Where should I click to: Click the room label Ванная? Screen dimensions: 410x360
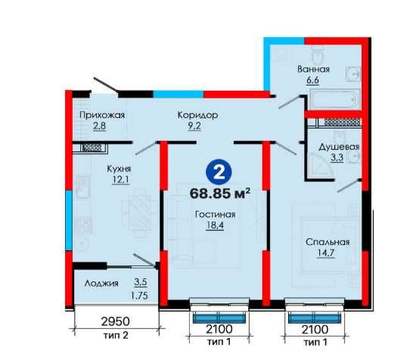tap(313, 70)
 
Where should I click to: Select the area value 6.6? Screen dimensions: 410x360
tap(312, 80)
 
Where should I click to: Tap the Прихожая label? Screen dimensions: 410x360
tap(102, 115)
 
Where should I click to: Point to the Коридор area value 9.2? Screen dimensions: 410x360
tap(194, 126)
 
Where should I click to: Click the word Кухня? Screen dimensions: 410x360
tap(119, 169)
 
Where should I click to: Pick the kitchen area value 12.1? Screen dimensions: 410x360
tap(121, 180)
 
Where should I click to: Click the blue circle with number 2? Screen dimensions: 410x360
tap(219, 172)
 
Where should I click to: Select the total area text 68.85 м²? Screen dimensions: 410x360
tap(220, 194)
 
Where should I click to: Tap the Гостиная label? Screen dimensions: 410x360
tap(215, 214)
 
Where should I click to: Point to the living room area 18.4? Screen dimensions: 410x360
tap(215, 225)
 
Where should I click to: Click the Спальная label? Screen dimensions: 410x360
tap(328, 242)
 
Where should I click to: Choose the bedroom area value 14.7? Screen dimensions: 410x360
tap(326, 253)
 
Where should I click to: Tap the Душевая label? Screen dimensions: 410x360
tap(339, 147)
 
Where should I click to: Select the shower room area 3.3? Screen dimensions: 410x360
tap(337, 158)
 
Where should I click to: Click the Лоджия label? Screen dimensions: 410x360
tap(101, 283)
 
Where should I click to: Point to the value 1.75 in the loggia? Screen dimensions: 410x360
tap(139, 296)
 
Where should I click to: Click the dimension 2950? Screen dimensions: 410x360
tap(115, 321)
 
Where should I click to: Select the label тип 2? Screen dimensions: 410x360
tap(116, 335)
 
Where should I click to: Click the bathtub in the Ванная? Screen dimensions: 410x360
tap(334, 99)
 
